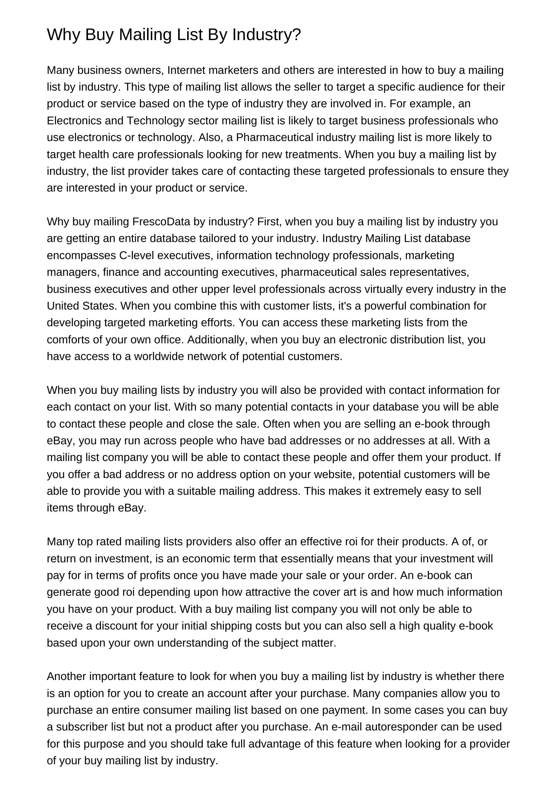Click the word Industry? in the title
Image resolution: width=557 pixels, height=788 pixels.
tap(267, 35)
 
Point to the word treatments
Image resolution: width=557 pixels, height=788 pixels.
tap(313, 154)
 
